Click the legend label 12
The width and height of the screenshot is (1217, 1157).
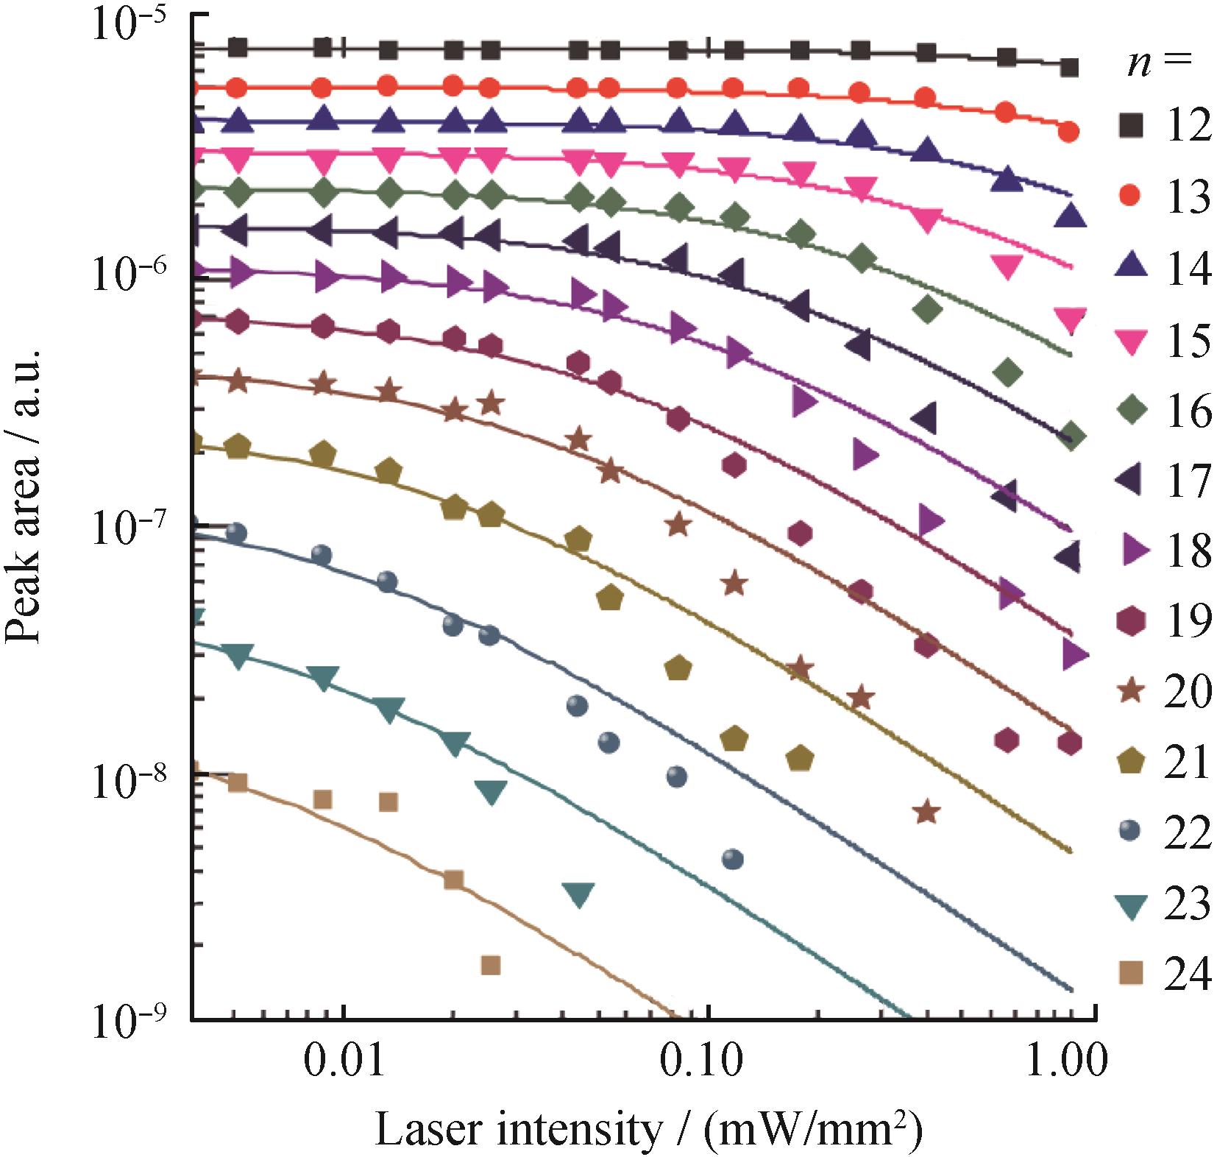click(x=1187, y=126)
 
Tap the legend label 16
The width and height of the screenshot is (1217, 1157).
click(x=1187, y=411)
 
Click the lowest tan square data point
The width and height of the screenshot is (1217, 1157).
click(x=491, y=965)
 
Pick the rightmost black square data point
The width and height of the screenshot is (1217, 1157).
click(x=1071, y=68)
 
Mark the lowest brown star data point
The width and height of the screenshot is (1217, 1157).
click(x=927, y=812)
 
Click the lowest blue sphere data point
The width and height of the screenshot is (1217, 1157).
click(x=733, y=859)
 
